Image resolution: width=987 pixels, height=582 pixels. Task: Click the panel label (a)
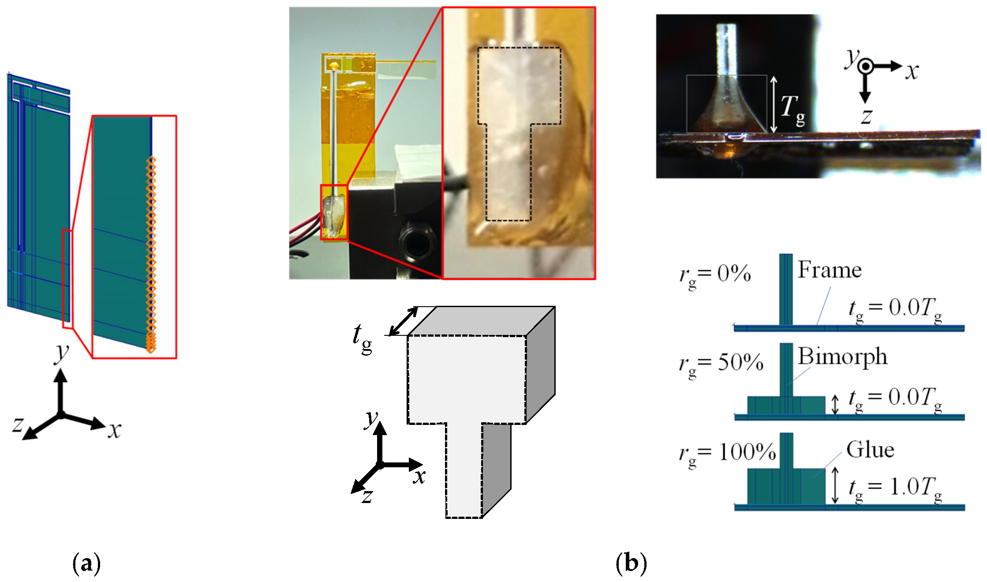click(86, 563)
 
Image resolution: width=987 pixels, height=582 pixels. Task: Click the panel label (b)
click(631, 563)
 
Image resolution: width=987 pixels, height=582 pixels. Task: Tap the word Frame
click(830, 270)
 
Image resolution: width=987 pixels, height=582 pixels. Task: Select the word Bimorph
click(842, 357)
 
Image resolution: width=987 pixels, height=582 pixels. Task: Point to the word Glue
click(870, 450)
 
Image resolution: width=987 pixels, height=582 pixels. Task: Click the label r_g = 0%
click(715, 275)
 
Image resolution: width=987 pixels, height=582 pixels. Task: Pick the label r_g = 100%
click(727, 454)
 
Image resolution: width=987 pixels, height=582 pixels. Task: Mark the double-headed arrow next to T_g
click(774, 104)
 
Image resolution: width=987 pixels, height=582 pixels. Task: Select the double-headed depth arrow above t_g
click(403, 321)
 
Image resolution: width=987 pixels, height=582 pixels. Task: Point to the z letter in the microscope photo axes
click(866, 116)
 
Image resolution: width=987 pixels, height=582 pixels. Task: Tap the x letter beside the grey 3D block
click(419, 477)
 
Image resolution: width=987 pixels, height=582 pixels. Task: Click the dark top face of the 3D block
click(481, 320)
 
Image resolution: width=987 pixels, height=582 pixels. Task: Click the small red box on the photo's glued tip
click(334, 213)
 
